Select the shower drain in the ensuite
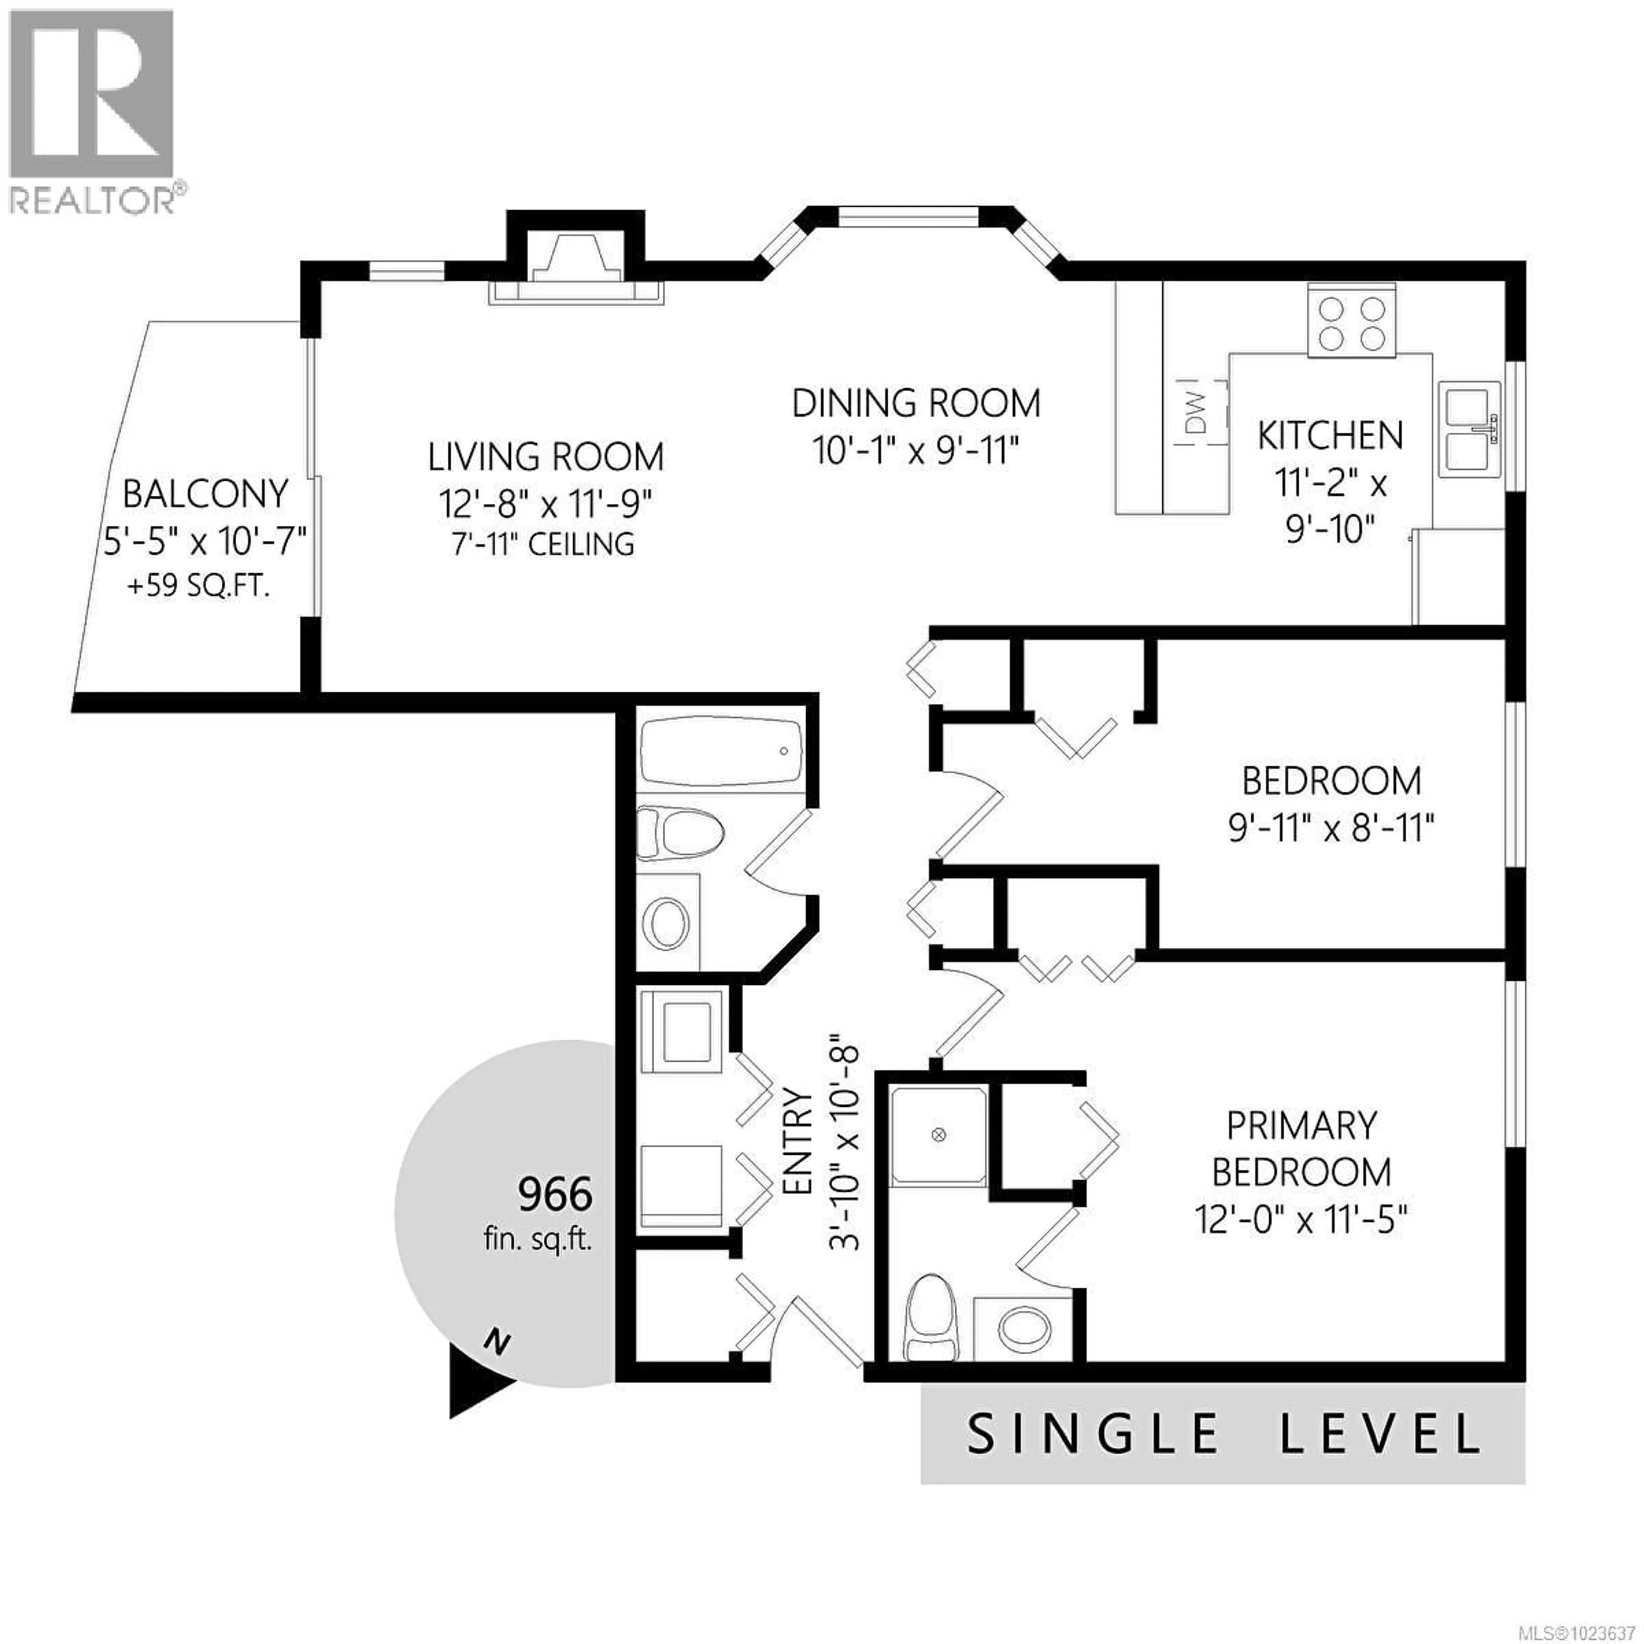pyautogui.click(x=938, y=1134)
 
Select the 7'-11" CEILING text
pyautogui.click(x=543, y=544)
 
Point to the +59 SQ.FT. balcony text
pyautogui.click(x=198, y=586)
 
